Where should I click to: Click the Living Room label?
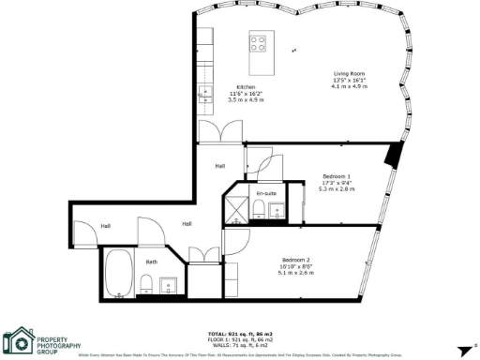coord(350,73)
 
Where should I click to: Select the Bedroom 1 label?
coord(337,176)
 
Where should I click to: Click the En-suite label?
coord(266,193)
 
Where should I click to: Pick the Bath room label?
coord(151,262)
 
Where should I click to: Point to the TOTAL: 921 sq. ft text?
coord(240,334)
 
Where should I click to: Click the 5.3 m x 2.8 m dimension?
coord(337,188)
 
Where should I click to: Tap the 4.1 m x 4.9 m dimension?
coord(350,86)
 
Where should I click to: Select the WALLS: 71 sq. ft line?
coord(240,345)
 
